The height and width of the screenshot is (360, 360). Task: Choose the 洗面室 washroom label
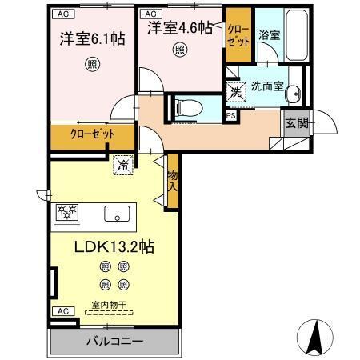[x=266, y=86]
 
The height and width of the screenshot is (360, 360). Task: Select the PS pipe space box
[x=230, y=114]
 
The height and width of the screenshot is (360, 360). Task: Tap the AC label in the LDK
[x=60, y=311]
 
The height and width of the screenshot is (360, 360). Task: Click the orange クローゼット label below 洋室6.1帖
[x=86, y=134]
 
